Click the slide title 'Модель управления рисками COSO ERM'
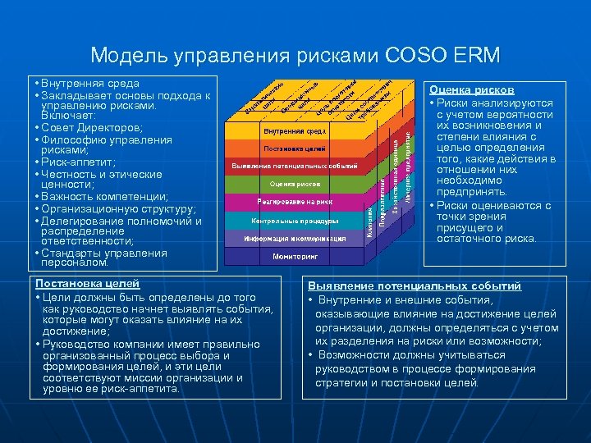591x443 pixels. [295, 55]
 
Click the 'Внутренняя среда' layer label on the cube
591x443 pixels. [295, 131]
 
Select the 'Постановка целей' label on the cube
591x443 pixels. [295, 148]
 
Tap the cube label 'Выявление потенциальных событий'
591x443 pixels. [295, 166]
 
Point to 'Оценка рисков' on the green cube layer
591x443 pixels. [295, 184]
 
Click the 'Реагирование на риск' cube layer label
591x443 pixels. [295, 201]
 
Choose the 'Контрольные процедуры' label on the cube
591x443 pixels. [295, 221]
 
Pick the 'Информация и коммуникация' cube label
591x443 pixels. [295, 238]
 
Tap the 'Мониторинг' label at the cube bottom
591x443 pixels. [295, 256]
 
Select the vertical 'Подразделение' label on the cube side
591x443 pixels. [383, 196]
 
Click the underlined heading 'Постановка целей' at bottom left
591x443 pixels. [87, 283]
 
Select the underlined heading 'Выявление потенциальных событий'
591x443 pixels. [415, 286]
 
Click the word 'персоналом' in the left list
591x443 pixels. [74, 263]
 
